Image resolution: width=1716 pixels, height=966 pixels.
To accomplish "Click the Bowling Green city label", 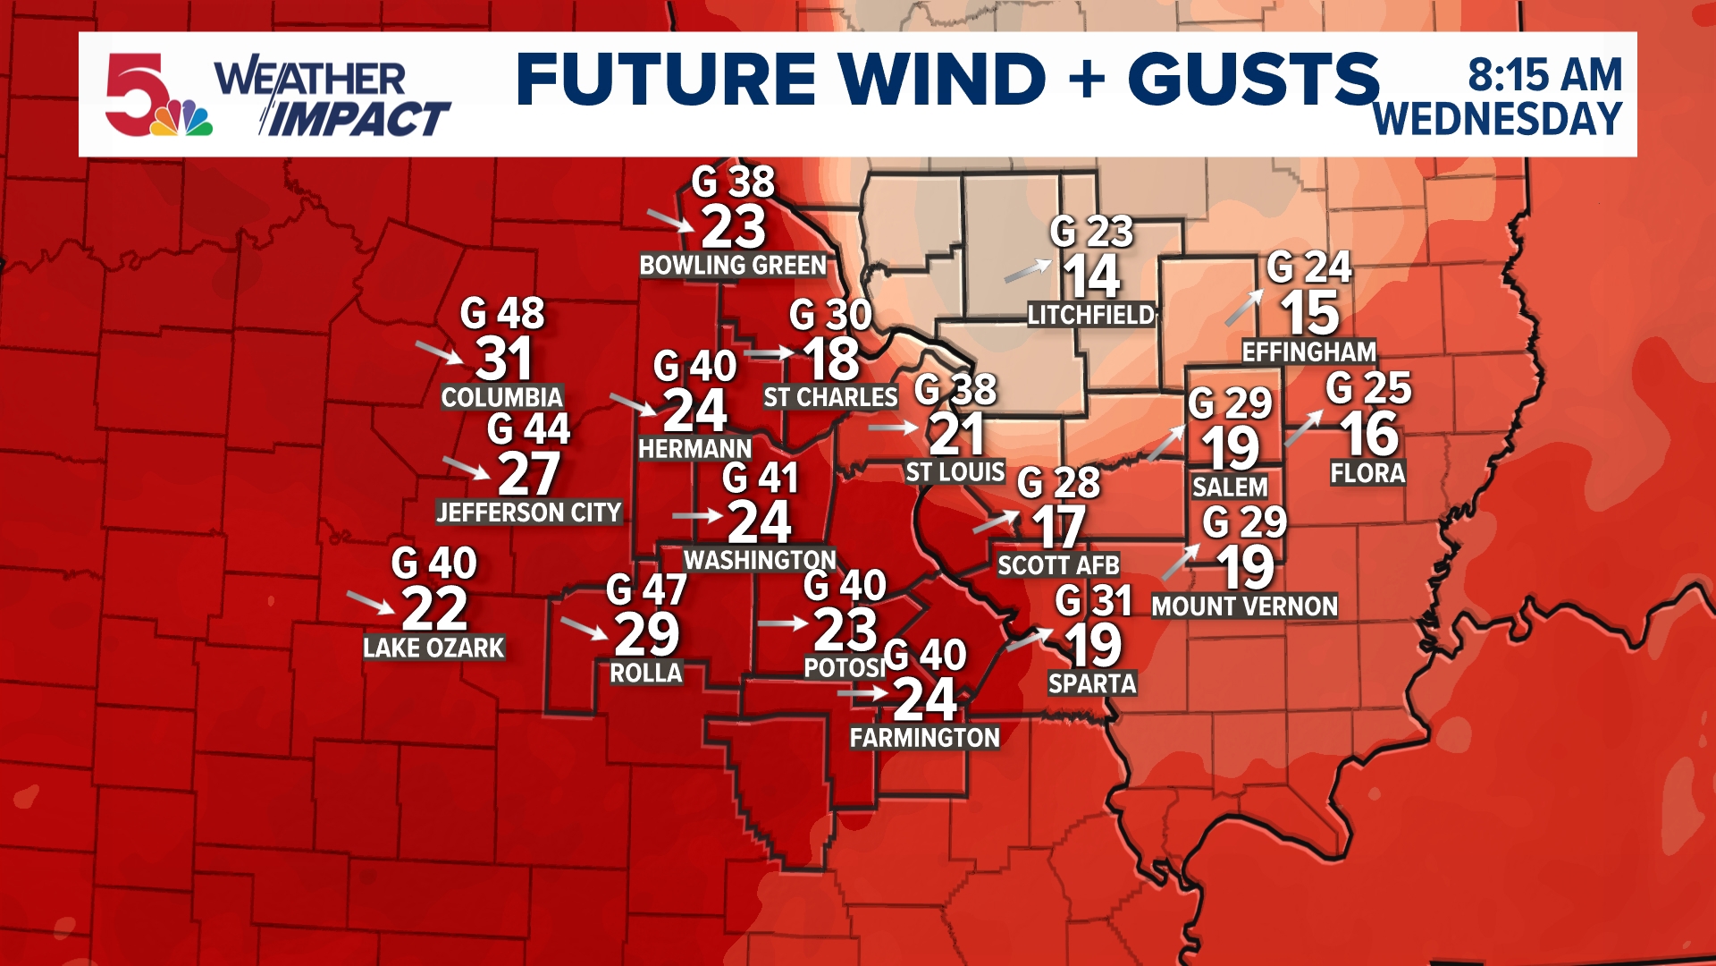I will point(733,266).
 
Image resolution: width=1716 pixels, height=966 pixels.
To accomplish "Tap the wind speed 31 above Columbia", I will point(504,359).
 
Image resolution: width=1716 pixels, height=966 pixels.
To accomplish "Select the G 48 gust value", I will point(502,313).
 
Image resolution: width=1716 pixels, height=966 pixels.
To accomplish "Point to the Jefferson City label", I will point(528,513).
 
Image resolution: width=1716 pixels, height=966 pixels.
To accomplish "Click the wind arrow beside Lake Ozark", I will point(370,602).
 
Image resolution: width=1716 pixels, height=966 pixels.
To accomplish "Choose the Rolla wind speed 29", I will point(647,634).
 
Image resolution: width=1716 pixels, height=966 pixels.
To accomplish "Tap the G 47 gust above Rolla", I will point(646,589).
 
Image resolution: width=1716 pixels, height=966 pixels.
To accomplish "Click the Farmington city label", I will point(924,738).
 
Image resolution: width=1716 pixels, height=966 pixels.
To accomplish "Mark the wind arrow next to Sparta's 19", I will point(1030,640).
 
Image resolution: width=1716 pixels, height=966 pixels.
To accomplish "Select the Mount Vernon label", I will point(1244,606).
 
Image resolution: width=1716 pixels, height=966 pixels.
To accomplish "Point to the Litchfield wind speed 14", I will point(1091,276).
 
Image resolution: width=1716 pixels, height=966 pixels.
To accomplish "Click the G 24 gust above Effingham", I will point(1309,267).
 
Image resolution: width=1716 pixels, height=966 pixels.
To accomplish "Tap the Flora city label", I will point(1367,473).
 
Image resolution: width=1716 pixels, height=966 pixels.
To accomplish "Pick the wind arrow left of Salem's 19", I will point(1165,443).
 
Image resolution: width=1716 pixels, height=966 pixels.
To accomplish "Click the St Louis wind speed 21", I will point(956,435).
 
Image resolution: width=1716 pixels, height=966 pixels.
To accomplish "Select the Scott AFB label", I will point(1058,565).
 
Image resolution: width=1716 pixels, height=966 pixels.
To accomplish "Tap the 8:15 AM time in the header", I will point(1544,74).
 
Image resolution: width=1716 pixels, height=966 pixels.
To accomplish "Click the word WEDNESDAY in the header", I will point(1498,119).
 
